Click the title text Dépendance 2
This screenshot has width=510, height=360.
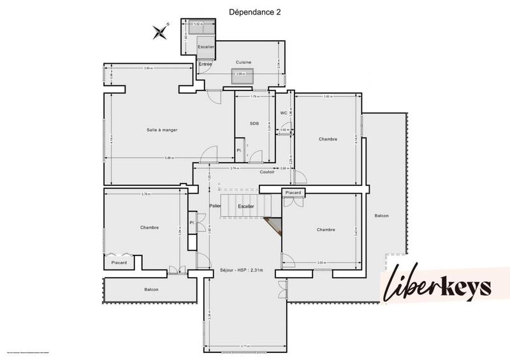254,11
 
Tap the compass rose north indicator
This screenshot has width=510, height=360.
160,29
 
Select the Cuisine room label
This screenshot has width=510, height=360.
243,62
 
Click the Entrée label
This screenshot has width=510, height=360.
205,64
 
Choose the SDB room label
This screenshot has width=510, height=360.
254,124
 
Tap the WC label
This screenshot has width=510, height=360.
284,113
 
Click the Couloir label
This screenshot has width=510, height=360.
267,172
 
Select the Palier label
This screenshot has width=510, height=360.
215,206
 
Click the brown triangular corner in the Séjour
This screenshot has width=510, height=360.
275,225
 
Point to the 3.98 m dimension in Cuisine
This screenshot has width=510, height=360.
240,74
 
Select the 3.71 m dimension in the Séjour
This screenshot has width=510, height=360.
245,346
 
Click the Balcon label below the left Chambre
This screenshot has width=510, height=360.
151,289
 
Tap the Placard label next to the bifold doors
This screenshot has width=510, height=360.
119,263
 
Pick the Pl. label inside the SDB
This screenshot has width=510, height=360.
239,150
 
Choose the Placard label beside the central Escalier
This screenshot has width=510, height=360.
293,192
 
